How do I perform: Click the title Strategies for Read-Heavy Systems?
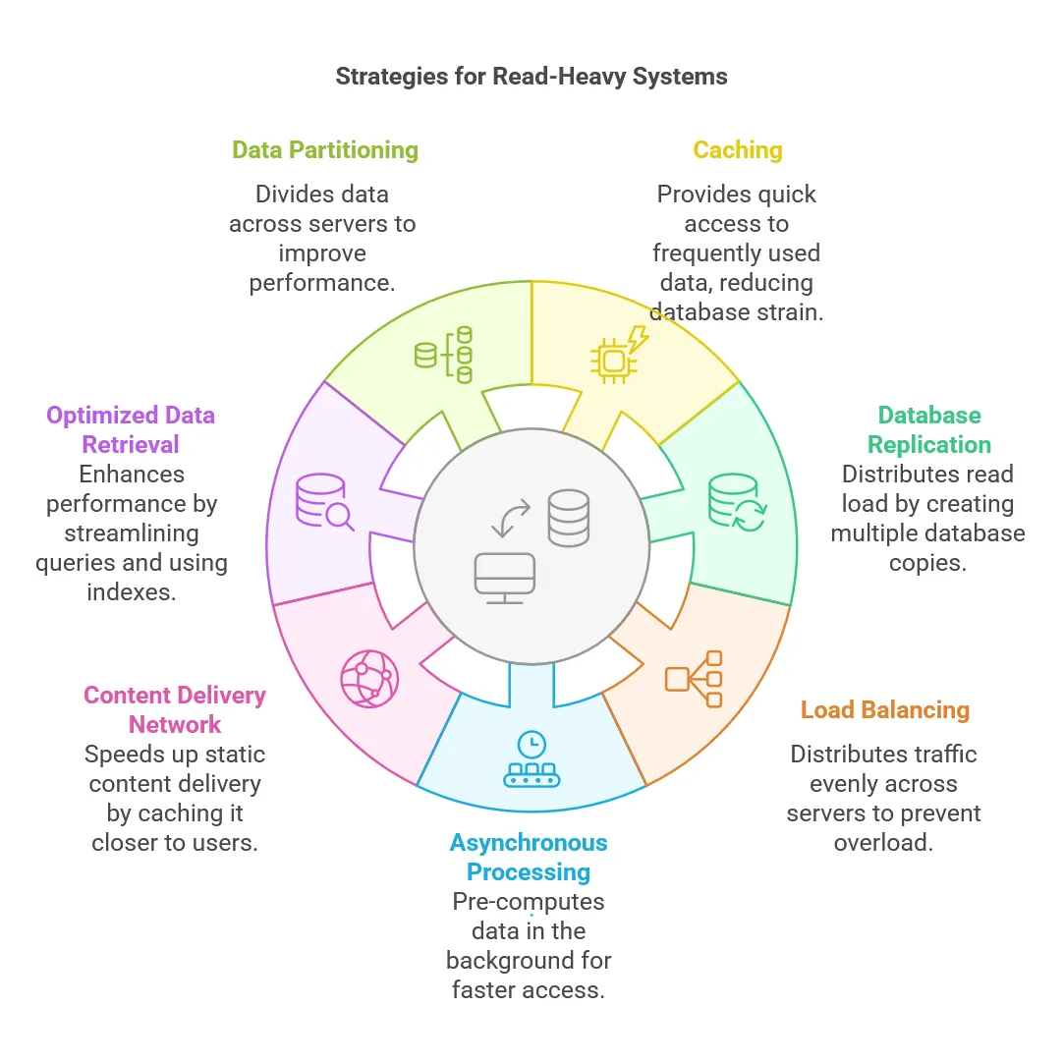point(532,77)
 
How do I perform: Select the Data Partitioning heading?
point(325,150)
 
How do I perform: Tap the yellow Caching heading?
point(738,150)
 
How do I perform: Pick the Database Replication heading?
point(929,429)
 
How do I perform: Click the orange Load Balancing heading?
point(885,709)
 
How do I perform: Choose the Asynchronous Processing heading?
point(529,857)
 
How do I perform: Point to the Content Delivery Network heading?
point(175,709)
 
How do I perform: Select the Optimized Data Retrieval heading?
point(131,429)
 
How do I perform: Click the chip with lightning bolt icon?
point(620,355)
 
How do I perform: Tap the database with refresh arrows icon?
point(736,502)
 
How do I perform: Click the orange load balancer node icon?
point(694,679)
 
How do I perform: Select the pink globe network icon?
point(369,679)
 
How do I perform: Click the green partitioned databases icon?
point(443,355)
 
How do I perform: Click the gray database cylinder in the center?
point(569,518)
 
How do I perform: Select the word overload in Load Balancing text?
point(883,843)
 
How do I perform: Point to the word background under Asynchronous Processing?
point(529,960)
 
